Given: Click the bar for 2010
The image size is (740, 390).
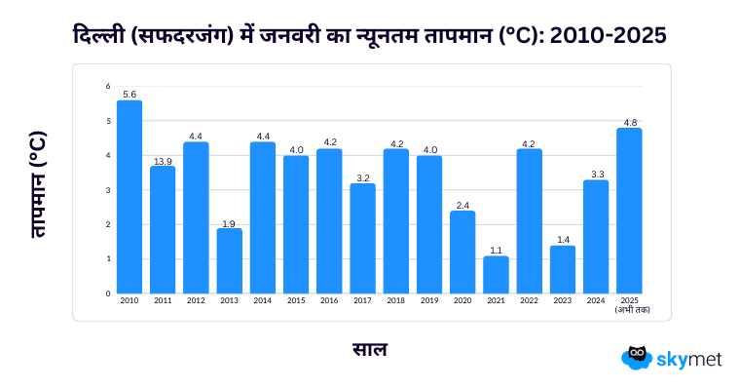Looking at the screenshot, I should click(x=129, y=197).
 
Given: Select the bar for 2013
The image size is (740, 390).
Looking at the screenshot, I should click(x=230, y=260).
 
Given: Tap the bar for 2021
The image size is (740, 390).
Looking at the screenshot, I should click(x=496, y=274).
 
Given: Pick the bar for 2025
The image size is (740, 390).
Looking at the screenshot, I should click(x=629, y=211).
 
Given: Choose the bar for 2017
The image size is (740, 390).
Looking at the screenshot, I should click(x=362, y=238).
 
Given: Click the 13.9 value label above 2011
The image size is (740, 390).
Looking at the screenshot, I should click(x=163, y=160).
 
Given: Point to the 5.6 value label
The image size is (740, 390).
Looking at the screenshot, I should click(x=129, y=95).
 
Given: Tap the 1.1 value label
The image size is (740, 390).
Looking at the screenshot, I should click(x=496, y=250).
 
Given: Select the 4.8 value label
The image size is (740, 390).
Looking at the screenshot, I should click(x=629, y=122).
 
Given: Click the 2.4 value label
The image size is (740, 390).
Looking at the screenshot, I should click(x=462, y=205).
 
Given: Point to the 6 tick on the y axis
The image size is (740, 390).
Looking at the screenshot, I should click(x=108, y=86).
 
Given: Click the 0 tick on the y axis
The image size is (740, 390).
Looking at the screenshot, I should click(x=108, y=292).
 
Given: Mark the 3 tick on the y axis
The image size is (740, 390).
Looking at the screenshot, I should click(x=108, y=189).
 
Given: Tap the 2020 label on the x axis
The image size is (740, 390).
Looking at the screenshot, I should click(x=462, y=301).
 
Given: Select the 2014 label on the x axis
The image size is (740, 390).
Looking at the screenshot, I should click(x=263, y=301).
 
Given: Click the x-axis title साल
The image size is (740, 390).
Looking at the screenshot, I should click(x=369, y=348).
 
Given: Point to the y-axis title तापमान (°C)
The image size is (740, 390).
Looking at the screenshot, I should click(x=38, y=186).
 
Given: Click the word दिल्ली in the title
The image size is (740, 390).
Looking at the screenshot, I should click(x=101, y=35).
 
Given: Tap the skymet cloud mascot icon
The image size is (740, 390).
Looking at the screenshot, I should click(x=636, y=358).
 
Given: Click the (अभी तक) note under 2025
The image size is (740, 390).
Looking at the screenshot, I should click(x=632, y=310).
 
